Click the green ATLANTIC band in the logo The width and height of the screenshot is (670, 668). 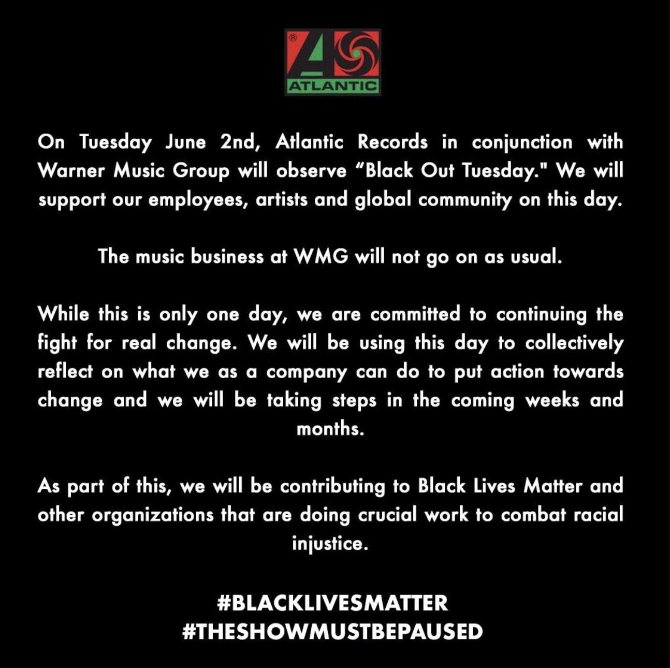tap(333, 86)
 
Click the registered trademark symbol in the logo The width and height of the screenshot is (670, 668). tap(293, 37)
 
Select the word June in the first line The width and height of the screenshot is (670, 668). tap(186, 142)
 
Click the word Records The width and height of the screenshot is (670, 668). tap(392, 142)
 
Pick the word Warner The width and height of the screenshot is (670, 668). tap(71, 171)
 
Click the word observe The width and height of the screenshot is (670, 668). tap(311, 171)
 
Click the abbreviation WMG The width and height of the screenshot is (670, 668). tap(321, 257)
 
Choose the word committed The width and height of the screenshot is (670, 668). tap(415, 314)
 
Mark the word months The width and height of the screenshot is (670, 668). tap(330, 429)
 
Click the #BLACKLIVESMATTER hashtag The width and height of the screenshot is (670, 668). tap(332, 603)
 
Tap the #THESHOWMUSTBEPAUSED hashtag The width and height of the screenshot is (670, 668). tap(332, 631)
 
